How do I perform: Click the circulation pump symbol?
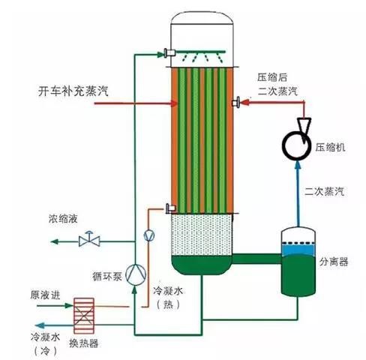click(x=136, y=274)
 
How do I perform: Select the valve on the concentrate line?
click(x=89, y=239)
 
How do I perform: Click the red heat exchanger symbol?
click(x=84, y=316)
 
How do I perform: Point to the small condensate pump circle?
click(x=149, y=235)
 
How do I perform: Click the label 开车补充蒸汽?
click(x=73, y=91)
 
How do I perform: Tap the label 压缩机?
click(x=330, y=147)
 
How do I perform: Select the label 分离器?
click(x=334, y=262)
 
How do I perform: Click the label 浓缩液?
click(x=63, y=219)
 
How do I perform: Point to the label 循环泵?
click(x=107, y=276)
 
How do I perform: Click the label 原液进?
click(x=46, y=295)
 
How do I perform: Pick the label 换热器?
click(x=84, y=343)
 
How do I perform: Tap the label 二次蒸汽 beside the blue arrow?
click(x=324, y=191)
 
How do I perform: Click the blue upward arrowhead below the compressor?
click(x=298, y=165)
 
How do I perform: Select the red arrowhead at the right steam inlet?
click(x=245, y=102)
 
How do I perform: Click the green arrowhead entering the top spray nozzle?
click(x=160, y=54)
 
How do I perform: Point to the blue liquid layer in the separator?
click(x=298, y=250)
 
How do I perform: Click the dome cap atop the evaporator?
click(x=202, y=18)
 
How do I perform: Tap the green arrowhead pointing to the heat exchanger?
click(x=69, y=305)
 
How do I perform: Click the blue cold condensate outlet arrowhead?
click(x=40, y=325)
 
